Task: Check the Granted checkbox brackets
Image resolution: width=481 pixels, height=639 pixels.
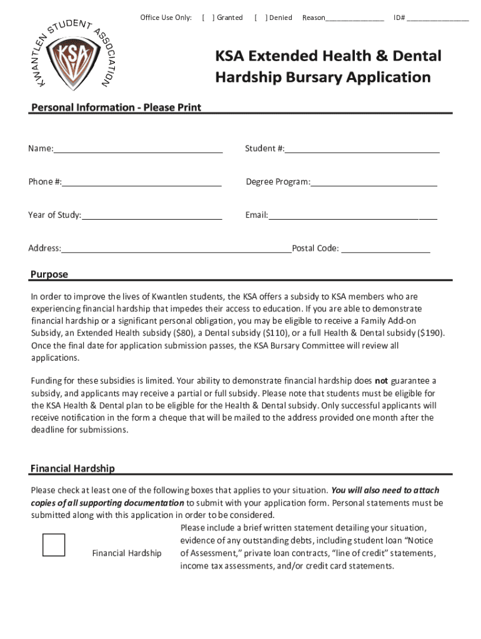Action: pyautogui.click(x=207, y=17)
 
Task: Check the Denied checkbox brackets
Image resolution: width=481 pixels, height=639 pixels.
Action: pyautogui.click(x=260, y=17)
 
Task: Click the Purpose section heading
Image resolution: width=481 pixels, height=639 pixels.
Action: pyautogui.click(x=49, y=275)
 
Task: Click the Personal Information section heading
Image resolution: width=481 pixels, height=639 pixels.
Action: pyautogui.click(x=116, y=107)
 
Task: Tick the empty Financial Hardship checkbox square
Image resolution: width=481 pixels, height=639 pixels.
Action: pyautogui.click(x=54, y=545)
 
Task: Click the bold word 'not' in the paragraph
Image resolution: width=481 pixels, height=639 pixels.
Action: pyautogui.click(x=380, y=381)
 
